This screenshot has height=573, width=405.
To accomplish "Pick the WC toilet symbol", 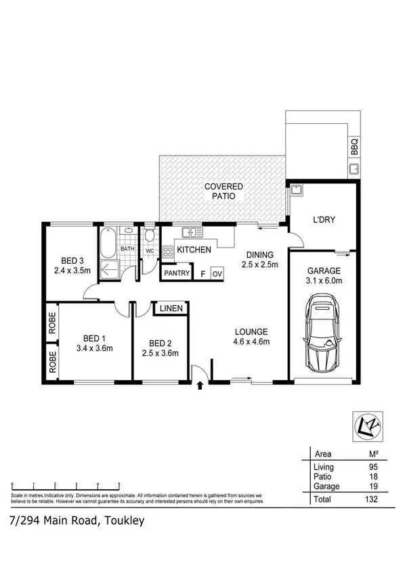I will pyautogui.click(x=149, y=239).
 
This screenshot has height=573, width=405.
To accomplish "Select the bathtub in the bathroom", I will pyautogui.click(x=107, y=244).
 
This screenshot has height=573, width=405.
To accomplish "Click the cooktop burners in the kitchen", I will pyautogui.click(x=167, y=250).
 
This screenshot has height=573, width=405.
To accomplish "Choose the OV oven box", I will pyautogui.click(x=217, y=274).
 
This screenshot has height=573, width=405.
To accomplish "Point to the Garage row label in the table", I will pyautogui.click(x=325, y=486).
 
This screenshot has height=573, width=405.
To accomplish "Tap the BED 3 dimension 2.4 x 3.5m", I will pyautogui.click(x=72, y=271).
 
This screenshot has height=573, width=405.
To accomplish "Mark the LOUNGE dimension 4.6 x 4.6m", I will pyautogui.click(x=252, y=342).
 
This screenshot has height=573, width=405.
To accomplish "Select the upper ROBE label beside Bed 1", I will pyautogui.click(x=51, y=322).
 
